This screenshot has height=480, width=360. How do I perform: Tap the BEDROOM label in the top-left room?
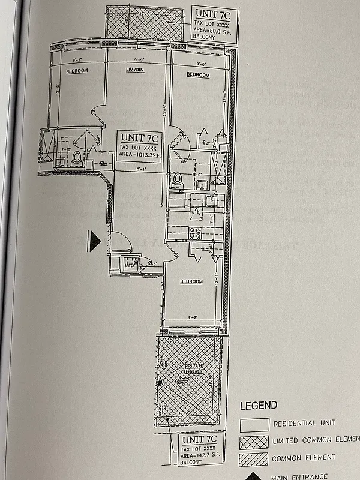point(77,71)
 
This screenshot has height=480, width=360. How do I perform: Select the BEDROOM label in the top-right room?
point(197,75)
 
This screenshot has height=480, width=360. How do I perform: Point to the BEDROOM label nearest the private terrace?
point(191,281)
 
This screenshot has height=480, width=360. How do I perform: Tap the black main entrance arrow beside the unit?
point(94,241)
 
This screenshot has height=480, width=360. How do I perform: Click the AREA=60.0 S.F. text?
point(214,28)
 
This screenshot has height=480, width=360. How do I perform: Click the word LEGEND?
point(259,406)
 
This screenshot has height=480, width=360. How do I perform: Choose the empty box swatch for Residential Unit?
point(254,424)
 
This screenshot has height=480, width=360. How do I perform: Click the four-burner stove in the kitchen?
point(195,232)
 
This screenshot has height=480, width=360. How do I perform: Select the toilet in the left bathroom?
point(76,159)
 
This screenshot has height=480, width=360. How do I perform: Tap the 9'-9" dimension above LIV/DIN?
point(139,59)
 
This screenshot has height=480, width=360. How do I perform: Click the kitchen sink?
point(210,199)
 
